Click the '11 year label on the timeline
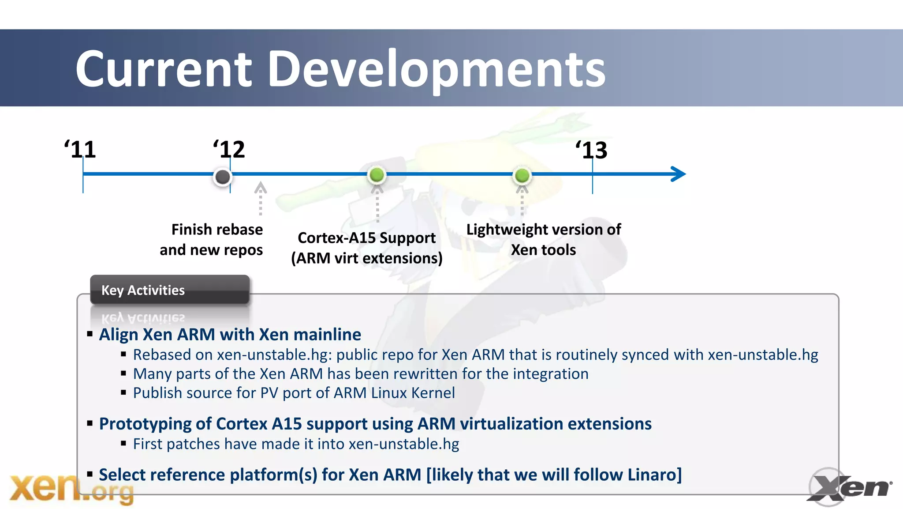point(80,150)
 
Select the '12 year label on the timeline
point(229,150)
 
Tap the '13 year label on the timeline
point(591,151)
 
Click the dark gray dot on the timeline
point(223,177)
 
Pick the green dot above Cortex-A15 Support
point(377,175)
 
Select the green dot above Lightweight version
point(522,176)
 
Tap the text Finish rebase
point(217,230)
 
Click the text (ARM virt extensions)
point(366,258)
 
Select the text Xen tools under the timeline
point(543,250)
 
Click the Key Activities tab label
point(143,290)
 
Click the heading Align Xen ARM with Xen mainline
point(230,335)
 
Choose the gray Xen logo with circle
point(847,487)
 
